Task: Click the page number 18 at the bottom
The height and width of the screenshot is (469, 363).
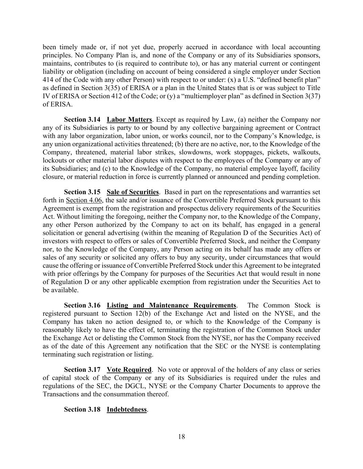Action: (x=182, y=437)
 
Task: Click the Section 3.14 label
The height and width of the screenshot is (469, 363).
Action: (x=82, y=120)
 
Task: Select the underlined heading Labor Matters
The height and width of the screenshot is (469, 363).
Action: (x=129, y=120)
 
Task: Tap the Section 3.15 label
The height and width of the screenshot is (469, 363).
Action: (x=82, y=192)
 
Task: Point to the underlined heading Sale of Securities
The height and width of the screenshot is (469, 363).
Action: (x=133, y=192)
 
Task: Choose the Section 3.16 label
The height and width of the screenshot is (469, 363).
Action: (x=82, y=305)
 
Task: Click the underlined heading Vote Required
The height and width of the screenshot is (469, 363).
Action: (x=129, y=370)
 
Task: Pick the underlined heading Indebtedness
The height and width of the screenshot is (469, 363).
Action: (x=127, y=410)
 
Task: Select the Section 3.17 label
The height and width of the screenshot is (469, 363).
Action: (x=82, y=370)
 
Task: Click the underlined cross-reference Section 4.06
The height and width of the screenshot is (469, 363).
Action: (x=84, y=200)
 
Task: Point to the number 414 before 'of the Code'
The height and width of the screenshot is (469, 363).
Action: (x=48, y=80)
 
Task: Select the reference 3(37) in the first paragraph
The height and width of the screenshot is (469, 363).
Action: (x=313, y=97)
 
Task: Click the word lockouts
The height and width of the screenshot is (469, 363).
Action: (x=54, y=160)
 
